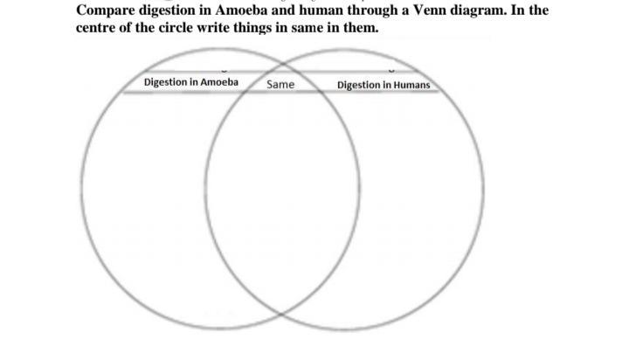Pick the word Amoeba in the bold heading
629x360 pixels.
tap(239, 11)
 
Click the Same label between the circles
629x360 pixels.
tap(280, 85)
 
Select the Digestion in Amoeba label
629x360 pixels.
tap(190, 82)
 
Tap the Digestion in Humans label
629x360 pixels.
tap(384, 85)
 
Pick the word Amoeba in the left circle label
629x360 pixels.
tap(218, 82)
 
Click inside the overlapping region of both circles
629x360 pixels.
tap(282, 192)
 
